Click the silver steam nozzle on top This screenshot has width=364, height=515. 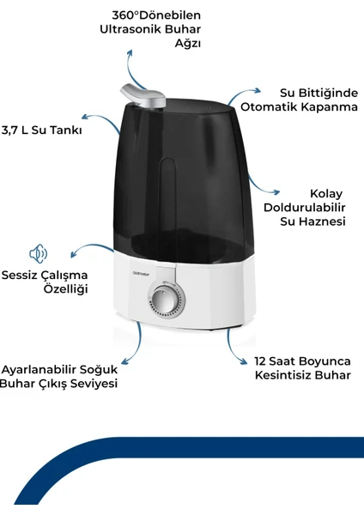143,96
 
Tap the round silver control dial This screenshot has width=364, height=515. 167,301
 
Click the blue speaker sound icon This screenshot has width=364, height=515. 39,253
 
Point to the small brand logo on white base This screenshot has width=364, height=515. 141,273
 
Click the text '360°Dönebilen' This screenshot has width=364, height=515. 156,15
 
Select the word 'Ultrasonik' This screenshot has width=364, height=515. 130,29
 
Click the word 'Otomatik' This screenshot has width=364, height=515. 269,106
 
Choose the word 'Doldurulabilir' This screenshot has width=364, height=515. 305,208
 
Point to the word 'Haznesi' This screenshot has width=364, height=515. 322,221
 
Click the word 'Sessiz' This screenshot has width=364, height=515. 20,275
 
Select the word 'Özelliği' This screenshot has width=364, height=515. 66,289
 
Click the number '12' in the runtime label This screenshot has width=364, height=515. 260,361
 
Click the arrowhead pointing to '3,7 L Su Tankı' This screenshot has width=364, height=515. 85,117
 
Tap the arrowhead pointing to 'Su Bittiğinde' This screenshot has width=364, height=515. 258,91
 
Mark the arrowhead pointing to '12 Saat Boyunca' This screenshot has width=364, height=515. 244,361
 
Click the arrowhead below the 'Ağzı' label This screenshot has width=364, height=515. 130,53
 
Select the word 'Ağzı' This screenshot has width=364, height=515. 188,44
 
